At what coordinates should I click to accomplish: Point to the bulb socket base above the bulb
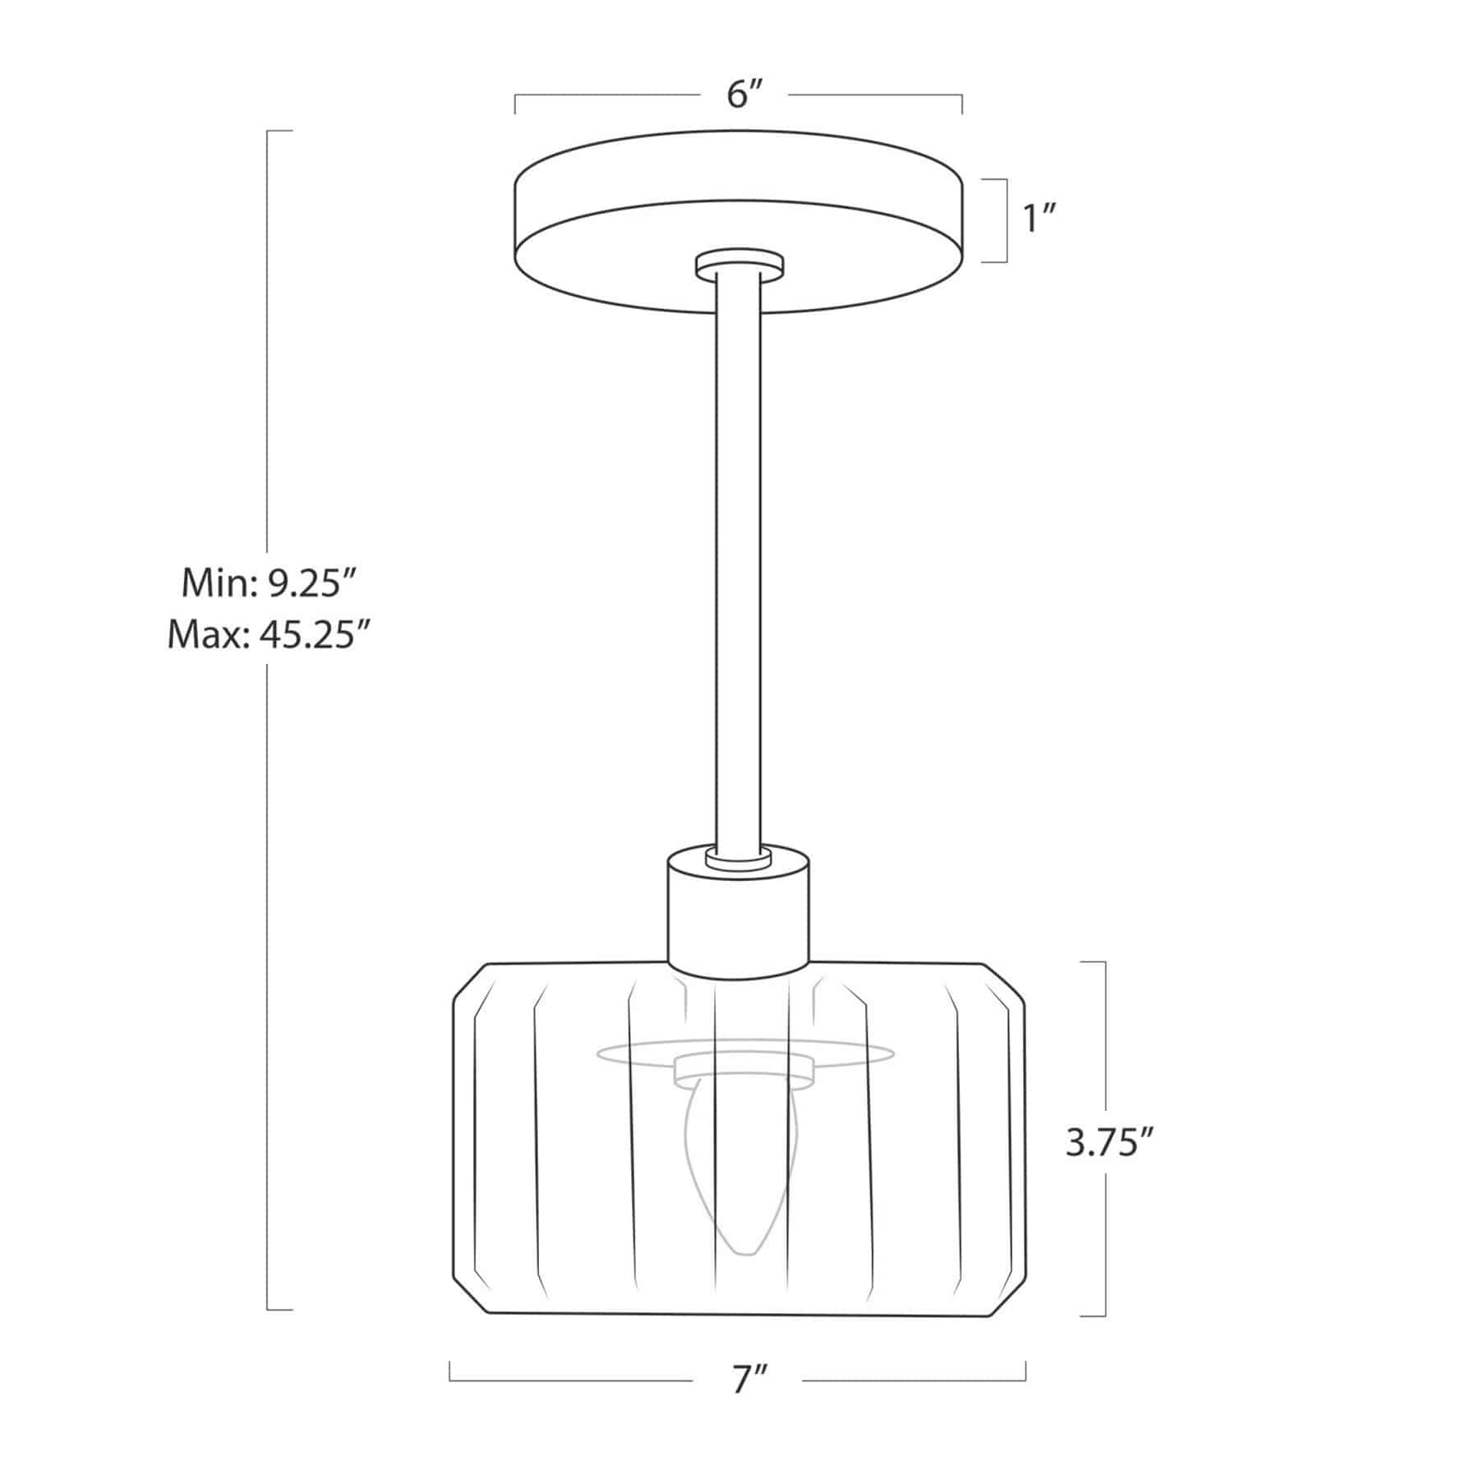click(x=743, y=1069)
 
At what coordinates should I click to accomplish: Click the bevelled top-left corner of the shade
click(x=470, y=981)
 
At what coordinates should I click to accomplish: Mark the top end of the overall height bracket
click(x=279, y=131)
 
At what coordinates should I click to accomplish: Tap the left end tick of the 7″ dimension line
click(x=450, y=1371)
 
